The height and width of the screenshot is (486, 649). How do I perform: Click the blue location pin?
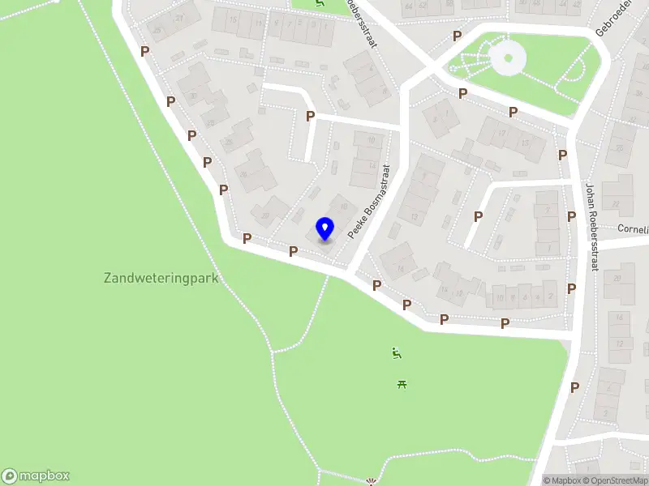click(325, 229)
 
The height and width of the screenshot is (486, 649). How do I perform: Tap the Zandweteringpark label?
click(161, 278)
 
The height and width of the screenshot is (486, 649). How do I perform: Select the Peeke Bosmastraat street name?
click(370, 202)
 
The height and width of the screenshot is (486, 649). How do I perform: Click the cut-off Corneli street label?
click(633, 229)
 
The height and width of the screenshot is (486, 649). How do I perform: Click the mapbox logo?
click(36, 476)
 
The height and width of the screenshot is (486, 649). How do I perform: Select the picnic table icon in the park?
click(402, 384)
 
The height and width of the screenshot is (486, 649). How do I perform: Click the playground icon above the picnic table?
click(397, 352)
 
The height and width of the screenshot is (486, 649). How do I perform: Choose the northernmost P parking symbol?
click(458, 36)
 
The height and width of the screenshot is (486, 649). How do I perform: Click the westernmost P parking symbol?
click(144, 51)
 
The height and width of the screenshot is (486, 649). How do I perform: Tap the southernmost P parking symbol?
click(574, 387)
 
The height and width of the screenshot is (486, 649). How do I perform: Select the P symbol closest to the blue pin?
click(294, 251)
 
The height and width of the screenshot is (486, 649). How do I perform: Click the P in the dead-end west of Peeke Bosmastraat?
click(310, 117)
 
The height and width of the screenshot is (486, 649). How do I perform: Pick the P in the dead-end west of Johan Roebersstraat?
click(479, 216)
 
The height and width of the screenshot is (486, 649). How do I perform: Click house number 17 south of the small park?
click(503, 134)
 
